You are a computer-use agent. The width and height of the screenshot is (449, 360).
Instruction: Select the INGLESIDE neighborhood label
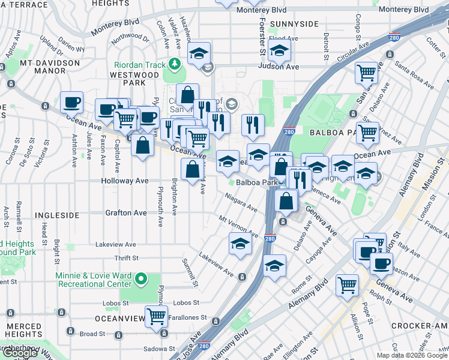pos(57,214)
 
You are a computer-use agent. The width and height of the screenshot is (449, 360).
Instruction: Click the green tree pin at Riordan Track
pos(175,62)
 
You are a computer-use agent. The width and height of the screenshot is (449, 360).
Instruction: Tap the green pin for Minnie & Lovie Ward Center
pos(140,279)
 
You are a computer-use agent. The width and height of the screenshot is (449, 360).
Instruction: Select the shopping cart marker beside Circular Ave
pos(366,73)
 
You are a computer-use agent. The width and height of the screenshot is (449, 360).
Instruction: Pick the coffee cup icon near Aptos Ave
pos(71,102)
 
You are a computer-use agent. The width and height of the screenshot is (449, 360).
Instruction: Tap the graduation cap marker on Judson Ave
pos(279,53)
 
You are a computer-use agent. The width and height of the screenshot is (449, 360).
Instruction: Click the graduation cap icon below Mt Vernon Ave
pos(240,244)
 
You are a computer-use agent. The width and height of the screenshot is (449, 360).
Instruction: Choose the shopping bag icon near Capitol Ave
pos(142,146)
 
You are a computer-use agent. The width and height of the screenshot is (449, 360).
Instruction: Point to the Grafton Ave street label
pos(126,212)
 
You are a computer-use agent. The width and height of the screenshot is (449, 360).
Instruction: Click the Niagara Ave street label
pos(241,202)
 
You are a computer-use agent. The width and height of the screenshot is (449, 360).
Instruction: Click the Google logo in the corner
pos(20,353)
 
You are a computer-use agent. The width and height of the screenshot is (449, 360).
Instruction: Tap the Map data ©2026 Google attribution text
pos(411,355)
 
